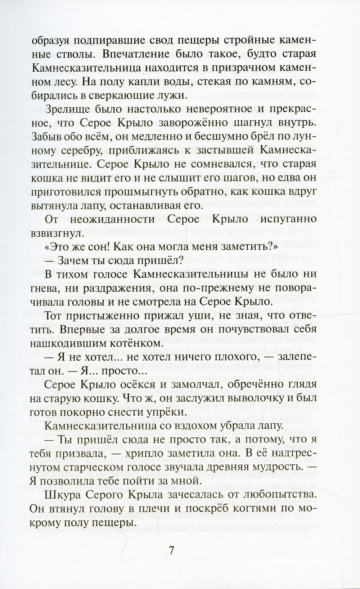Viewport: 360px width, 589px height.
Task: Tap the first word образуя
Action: (54, 41)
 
